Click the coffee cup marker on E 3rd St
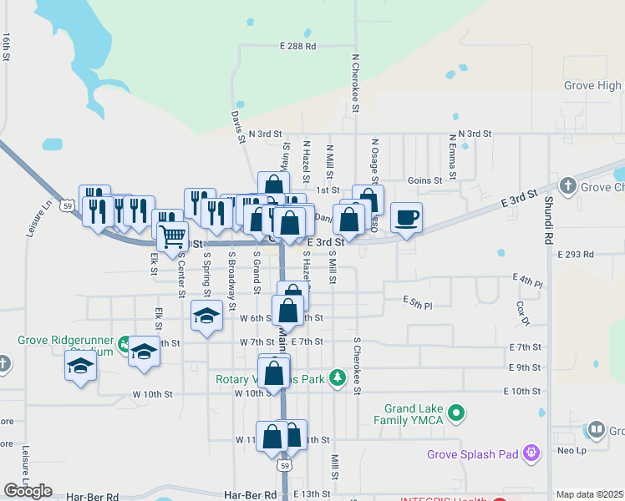406,218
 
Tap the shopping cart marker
172,235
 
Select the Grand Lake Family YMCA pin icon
456,412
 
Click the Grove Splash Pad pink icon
531,453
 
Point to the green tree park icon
338,377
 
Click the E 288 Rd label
298,46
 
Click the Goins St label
424,180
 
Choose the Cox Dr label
523,314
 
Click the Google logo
28,491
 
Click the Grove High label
592,85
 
